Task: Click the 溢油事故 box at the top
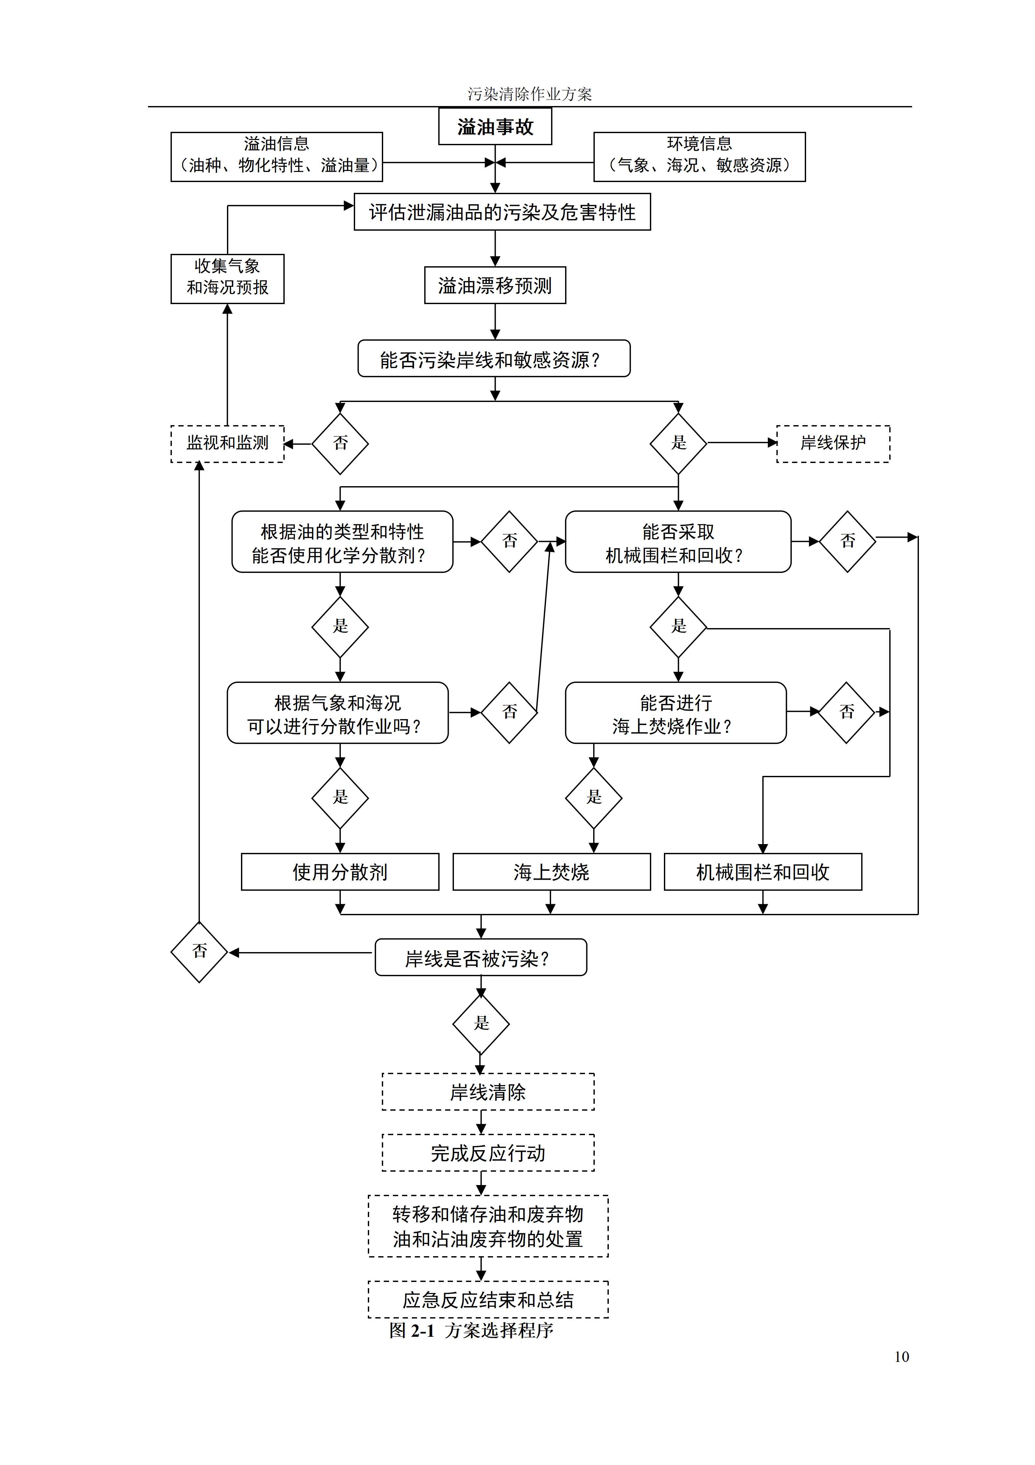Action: tap(495, 126)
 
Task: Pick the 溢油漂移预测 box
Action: tap(495, 285)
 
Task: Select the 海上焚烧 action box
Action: tap(552, 871)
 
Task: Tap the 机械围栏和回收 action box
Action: tap(763, 871)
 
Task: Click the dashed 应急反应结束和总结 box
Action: tap(488, 1300)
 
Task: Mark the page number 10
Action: tap(901, 1357)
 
